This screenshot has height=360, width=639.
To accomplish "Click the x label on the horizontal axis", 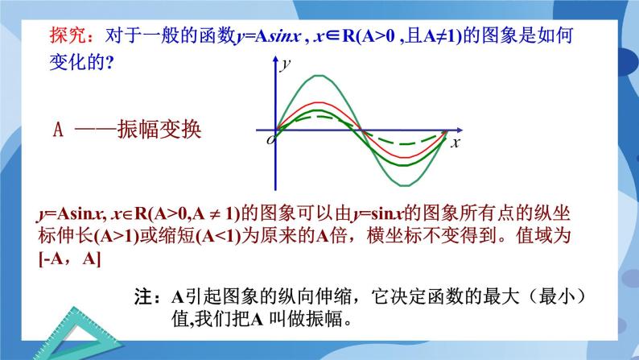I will [455, 143].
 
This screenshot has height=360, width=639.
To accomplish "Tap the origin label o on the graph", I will [270, 141].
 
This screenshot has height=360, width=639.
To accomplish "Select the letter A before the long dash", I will [57, 129].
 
